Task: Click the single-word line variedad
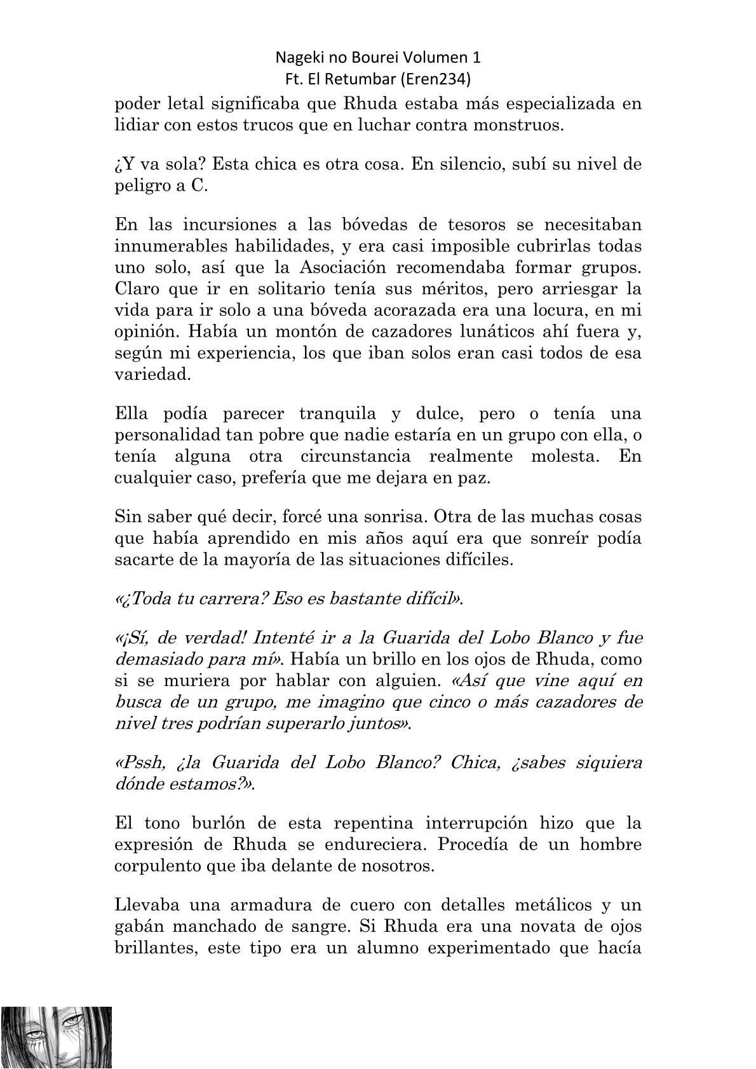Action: click(145, 374)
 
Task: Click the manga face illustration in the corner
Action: click(57, 1036)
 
